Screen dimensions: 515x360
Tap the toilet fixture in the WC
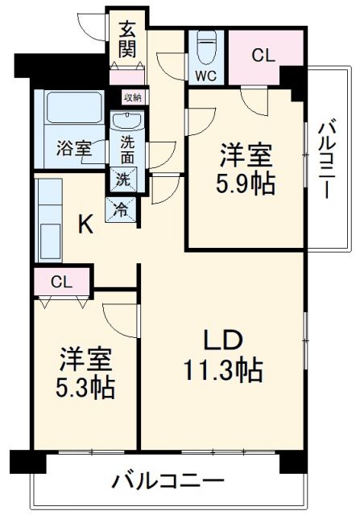(207, 47)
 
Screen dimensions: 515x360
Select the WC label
(204, 76)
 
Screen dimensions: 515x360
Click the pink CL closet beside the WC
(262, 56)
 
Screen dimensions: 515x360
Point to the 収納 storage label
(132, 97)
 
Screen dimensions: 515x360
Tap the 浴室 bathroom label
(72, 148)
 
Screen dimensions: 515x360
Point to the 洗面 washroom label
(127, 149)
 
